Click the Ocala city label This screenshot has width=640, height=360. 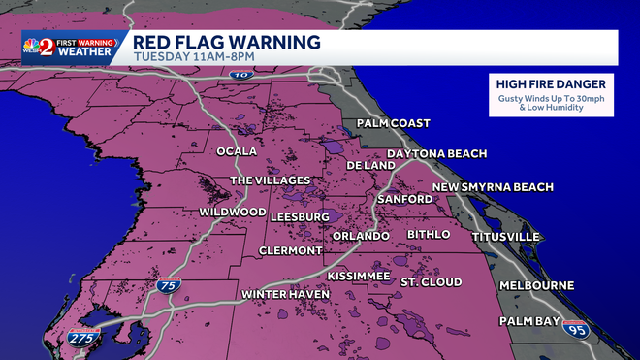237,152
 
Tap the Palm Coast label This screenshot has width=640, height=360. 393,123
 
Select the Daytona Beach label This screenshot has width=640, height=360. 436,153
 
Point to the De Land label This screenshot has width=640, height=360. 370,165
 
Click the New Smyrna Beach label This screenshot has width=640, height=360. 493,186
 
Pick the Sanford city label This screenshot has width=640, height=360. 405,199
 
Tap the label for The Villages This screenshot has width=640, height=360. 270,180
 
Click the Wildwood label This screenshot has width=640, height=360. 233,212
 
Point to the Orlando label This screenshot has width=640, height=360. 360,236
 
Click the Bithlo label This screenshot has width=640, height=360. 429,234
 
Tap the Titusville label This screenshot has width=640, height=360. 505,236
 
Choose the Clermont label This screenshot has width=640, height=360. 290,250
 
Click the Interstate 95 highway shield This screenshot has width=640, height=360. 576,328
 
